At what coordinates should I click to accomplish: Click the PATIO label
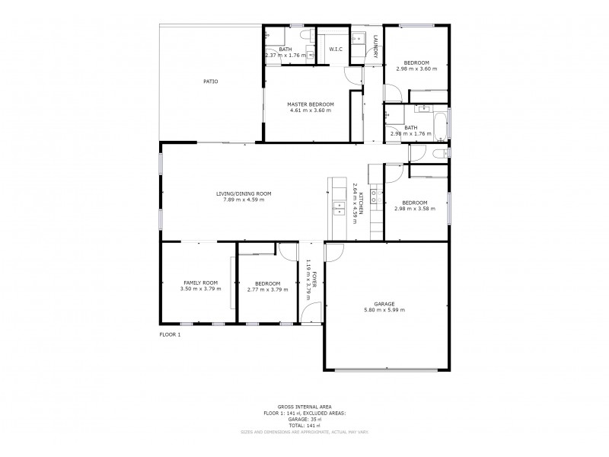pos(210,81)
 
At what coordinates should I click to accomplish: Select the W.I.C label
pos(336,50)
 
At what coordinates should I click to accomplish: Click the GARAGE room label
pos(384,303)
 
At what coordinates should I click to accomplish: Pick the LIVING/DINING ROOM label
pos(244,193)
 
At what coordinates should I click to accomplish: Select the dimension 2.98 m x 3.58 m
pos(415,209)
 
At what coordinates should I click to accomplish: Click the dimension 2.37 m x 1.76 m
pos(285,56)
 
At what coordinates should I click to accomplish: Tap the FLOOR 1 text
pos(170,334)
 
